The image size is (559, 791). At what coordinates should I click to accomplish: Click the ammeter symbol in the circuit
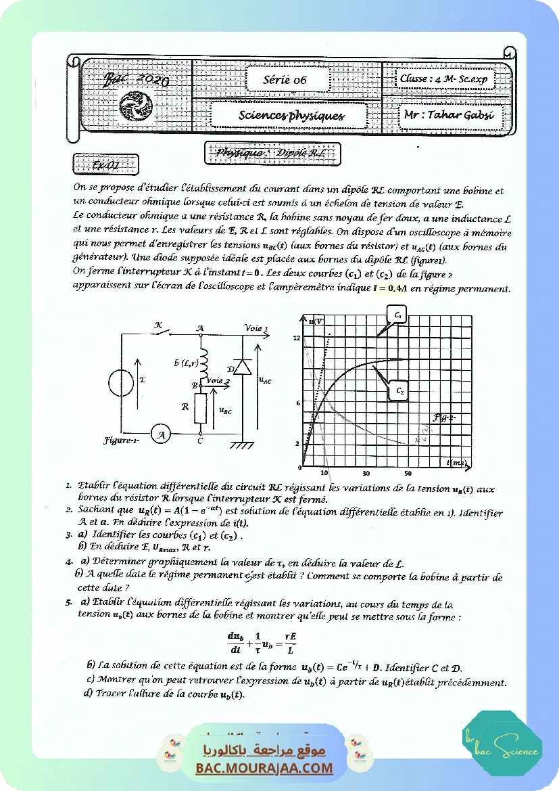[x=160, y=436]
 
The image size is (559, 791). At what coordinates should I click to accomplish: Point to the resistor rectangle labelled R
[x=201, y=409]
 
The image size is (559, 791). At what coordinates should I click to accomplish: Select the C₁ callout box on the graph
[x=397, y=315]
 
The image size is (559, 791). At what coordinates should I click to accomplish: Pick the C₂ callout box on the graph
[x=399, y=391]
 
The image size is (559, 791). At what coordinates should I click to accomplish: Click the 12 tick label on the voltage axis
[x=296, y=337]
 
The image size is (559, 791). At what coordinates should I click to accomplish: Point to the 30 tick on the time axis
[x=366, y=473]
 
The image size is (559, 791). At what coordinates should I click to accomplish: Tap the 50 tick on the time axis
[x=408, y=473]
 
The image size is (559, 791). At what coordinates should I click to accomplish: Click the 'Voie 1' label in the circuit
[x=258, y=328]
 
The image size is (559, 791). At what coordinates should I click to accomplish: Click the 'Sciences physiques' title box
[x=291, y=115]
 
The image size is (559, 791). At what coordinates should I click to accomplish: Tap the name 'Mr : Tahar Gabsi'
[x=439, y=114]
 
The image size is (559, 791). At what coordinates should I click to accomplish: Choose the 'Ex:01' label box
[x=105, y=164]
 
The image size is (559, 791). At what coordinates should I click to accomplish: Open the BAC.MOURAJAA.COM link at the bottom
[x=264, y=768]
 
